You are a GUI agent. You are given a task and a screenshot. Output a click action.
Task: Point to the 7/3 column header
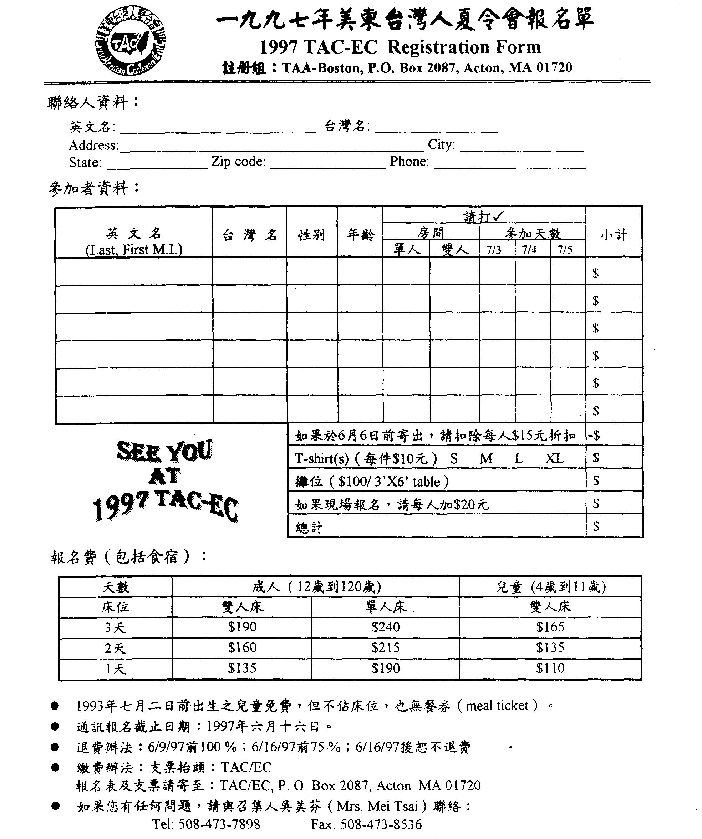click(494, 250)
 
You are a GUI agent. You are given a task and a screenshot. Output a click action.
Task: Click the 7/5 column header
click(565, 250)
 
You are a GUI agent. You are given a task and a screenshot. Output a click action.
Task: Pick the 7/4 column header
click(529, 250)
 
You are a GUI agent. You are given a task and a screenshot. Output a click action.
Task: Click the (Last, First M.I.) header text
click(134, 249)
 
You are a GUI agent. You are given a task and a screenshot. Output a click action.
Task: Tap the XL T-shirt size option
click(555, 458)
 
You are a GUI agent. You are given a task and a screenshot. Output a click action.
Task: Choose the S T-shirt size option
click(454, 458)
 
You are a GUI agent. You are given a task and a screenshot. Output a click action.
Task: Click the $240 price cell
click(386, 627)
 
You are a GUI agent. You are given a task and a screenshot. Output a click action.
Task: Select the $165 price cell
click(550, 627)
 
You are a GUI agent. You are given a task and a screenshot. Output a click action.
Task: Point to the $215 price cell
click(386, 648)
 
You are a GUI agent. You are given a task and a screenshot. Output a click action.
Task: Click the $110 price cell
click(550, 668)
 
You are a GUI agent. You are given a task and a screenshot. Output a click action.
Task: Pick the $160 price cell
click(242, 648)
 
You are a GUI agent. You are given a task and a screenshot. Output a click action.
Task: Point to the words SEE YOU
click(164, 452)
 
